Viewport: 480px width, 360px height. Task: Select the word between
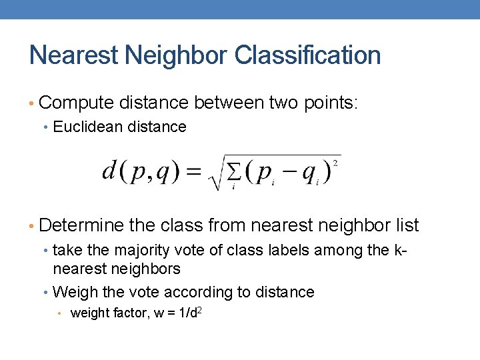tap(227, 103)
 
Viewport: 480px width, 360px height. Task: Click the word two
tap(283, 103)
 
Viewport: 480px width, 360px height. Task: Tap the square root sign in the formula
tap(215, 175)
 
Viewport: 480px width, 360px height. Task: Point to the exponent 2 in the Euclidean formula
tap(335, 163)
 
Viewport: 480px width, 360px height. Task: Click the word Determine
tap(82, 226)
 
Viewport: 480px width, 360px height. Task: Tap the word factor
tap(133, 313)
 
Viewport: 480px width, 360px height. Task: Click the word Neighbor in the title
tap(168, 55)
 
